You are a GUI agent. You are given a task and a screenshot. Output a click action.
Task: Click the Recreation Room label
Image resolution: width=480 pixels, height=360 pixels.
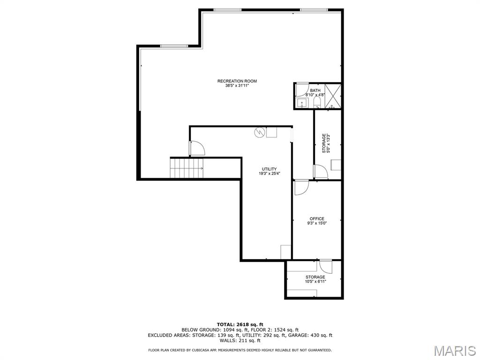tap(237, 81)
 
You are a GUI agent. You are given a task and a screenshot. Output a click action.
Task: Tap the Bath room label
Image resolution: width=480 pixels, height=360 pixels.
tap(315, 90)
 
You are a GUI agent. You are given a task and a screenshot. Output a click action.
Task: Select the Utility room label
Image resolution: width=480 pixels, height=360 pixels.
tap(269, 169)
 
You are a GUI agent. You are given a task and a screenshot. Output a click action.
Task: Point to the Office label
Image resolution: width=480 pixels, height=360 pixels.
tap(316, 219)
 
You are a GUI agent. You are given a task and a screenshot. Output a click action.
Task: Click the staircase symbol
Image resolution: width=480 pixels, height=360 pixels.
tap(186, 168)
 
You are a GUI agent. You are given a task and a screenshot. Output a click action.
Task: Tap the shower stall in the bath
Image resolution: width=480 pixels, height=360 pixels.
tap(332, 96)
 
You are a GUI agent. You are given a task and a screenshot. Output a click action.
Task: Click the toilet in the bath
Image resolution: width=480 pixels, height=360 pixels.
tap(316, 102)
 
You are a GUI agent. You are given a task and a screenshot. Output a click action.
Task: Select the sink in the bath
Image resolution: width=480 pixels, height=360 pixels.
tap(302, 103)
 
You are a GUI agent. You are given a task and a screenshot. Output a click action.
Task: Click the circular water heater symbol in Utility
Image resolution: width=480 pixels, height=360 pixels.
tap(259, 133)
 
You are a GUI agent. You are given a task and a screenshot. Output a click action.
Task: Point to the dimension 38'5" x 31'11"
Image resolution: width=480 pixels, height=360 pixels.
tap(237, 86)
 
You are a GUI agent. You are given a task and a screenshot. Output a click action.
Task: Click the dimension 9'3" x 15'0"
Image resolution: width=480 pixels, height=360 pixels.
tap(316, 224)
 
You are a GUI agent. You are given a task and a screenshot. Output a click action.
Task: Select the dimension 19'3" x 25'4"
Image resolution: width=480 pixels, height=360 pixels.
tap(269, 174)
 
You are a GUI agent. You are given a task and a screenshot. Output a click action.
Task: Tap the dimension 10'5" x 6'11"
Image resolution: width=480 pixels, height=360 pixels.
tap(315, 282)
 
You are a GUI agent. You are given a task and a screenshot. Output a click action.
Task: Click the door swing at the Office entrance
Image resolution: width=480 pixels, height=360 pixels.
tap(300, 187)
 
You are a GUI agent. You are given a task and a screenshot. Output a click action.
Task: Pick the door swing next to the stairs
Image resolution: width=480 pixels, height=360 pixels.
tap(197, 148)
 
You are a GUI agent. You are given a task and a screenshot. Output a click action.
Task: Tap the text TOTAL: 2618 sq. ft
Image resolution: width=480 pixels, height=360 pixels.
tap(240, 324)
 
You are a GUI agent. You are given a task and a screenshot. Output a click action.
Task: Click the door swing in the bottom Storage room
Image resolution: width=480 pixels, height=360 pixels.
tap(325, 266)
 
